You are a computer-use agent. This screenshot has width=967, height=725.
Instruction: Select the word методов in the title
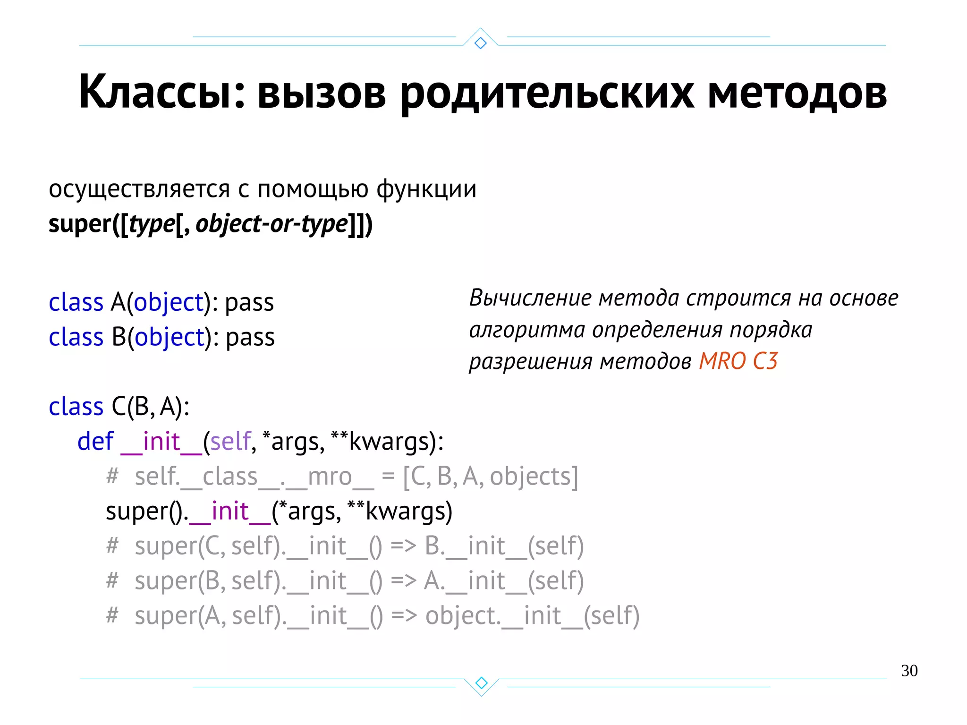click(797, 92)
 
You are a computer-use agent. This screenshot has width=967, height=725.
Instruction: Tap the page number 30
click(909, 671)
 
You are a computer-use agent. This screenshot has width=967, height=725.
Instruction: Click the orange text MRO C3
click(738, 361)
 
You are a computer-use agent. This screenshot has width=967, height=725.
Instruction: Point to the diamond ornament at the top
click(480, 43)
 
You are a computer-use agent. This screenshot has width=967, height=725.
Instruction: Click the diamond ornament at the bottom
click(481, 682)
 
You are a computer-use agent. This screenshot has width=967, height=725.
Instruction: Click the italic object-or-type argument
click(271, 224)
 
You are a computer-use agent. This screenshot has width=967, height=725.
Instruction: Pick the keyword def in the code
click(95, 442)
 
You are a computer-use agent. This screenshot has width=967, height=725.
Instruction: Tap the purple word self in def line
click(230, 442)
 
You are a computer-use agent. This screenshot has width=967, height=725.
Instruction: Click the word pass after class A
click(249, 303)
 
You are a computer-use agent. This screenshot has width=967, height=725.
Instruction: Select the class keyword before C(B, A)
click(76, 407)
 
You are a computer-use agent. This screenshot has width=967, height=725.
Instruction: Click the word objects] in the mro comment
click(534, 477)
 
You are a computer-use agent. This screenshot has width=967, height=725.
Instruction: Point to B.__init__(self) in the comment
click(504, 546)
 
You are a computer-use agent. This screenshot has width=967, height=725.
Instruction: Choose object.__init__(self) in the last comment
click(532, 616)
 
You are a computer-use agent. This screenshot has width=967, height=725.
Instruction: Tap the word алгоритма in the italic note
click(527, 330)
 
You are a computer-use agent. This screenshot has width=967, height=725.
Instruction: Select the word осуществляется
click(139, 189)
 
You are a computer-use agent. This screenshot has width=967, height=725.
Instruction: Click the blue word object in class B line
click(169, 338)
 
